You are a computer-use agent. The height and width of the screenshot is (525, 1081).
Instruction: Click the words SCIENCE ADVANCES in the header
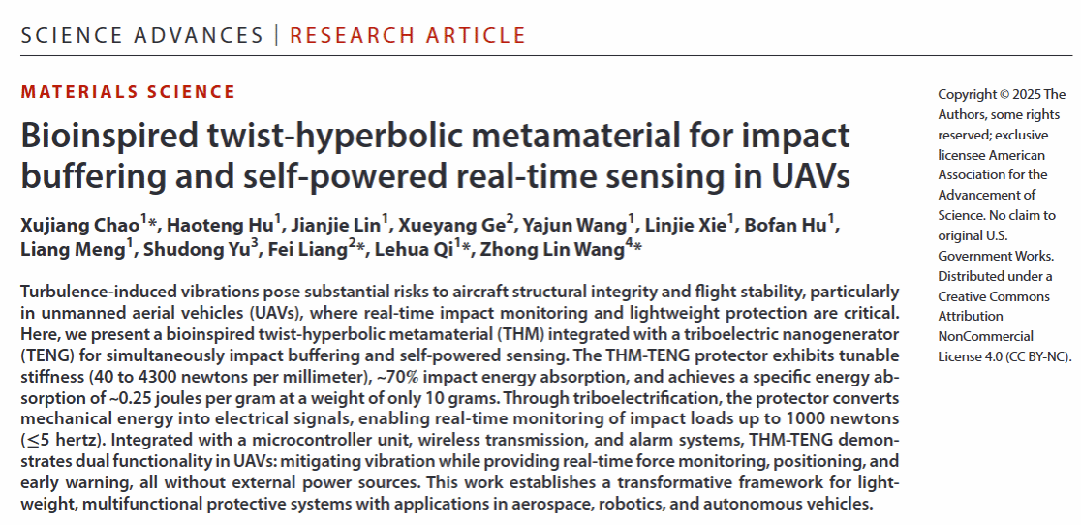click(141, 36)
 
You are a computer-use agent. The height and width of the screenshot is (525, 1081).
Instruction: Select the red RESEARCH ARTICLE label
click(408, 36)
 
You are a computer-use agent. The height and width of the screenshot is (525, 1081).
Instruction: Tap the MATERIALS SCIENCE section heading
click(128, 92)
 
